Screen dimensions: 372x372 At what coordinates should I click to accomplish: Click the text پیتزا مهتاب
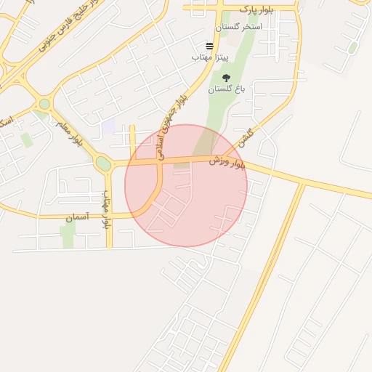pyautogui.click(x=210, y=56)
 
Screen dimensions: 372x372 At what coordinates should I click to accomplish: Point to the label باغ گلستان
pyautogui.click(x=227, y=89)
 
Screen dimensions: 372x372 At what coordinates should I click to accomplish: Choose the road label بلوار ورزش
pyautogui.click(x=228, y=162)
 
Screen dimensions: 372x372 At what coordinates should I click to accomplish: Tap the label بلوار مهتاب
pyautogui.click(x=106, y=209)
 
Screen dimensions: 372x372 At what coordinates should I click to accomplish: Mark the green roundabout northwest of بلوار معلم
pyautogui.click(x=44, y=105)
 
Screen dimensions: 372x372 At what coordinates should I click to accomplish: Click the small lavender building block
pyautogui.click(x=108, y=126)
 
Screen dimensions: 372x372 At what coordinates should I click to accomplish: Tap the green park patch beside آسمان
pyautogui.click(x=68, y=234)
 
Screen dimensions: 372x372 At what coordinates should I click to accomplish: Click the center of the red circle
pyautogui.click(x=186, y=185)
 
